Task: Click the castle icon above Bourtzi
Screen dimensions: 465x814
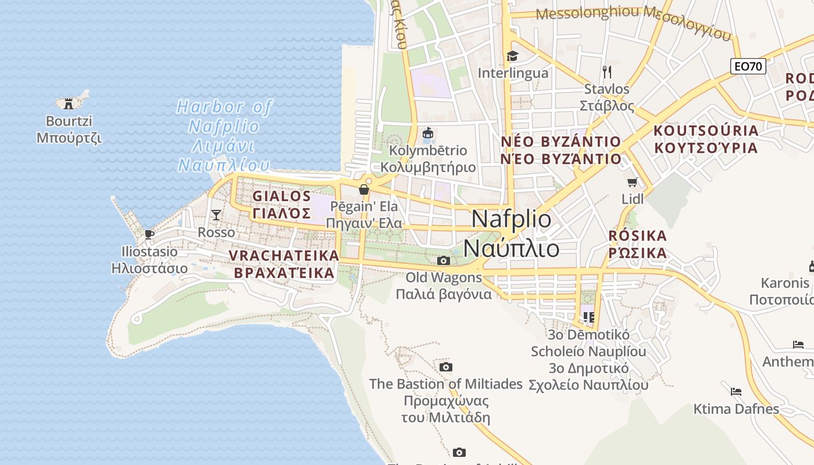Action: [x=69, y=104]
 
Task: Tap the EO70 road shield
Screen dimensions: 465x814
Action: [x=748, y=66]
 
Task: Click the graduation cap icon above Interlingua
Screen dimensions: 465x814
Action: [x=512, y=56]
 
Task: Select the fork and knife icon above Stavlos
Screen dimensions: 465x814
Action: [x=607, y=71]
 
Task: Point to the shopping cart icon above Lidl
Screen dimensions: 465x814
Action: [x=633, y=182]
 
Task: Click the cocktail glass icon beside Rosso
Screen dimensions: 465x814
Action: [x=216, y=215]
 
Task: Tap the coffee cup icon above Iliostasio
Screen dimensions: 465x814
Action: [x=149, y=234]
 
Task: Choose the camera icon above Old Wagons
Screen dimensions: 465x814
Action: [x=444, y=260]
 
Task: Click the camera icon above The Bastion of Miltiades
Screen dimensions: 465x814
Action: [x=446, y=367]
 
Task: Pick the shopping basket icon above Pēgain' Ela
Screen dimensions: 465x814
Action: [x=364, y=189]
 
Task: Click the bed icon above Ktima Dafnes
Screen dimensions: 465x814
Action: [x=736, y=391]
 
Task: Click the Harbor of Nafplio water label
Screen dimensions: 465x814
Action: [x=224, y=136]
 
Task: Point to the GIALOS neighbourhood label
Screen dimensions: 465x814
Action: [x=282, y=205]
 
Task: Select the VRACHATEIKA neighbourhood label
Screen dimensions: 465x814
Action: [x=284, y=264]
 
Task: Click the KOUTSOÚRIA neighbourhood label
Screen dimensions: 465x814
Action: [x=706, y=139]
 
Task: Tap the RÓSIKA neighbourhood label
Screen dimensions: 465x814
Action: [x=638, y=245]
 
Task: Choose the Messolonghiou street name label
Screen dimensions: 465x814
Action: [x=588, y=13]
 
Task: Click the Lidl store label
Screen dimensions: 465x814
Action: [x=633, y=199]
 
